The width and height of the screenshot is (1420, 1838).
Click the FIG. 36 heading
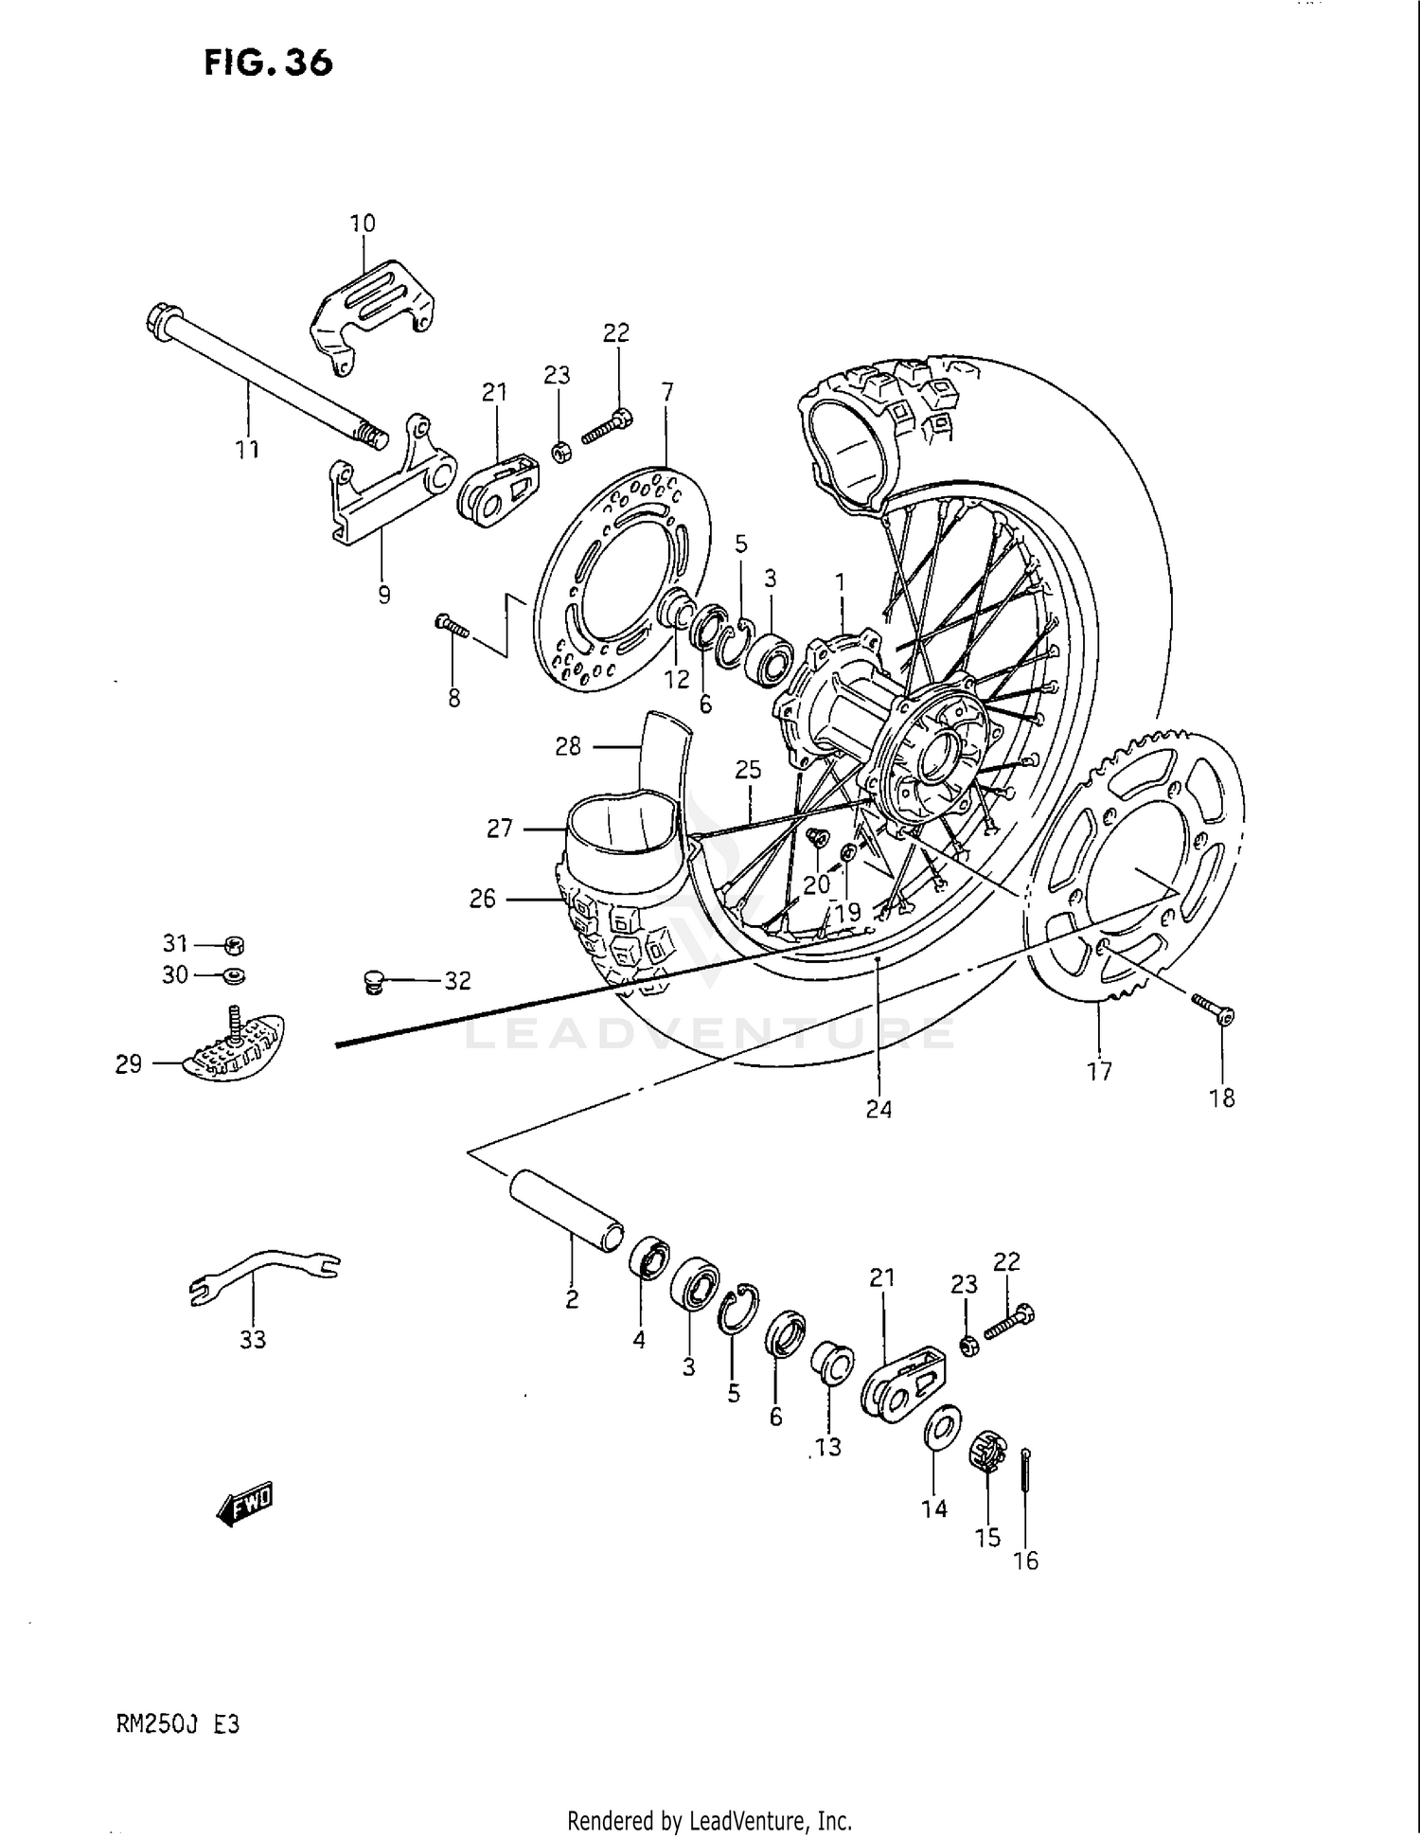coord(268,62)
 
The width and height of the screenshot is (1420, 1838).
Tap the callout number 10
coord(363,223)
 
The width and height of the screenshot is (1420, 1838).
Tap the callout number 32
coord(458,981)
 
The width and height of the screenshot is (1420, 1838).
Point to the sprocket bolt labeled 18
coord(1214,1009)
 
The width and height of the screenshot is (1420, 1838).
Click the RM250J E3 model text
coord(178,1724)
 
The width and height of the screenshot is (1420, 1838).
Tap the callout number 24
coord(879,1109)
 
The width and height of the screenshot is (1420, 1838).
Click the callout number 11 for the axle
coord(247,448)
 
